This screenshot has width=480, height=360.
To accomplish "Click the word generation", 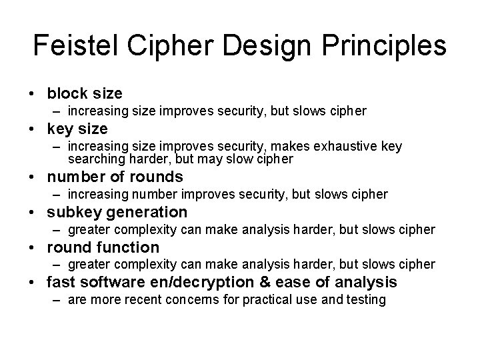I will coord(152,212).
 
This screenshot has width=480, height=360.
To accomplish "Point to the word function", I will coord(131,247).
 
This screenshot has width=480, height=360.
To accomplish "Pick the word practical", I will coord(258,299).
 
